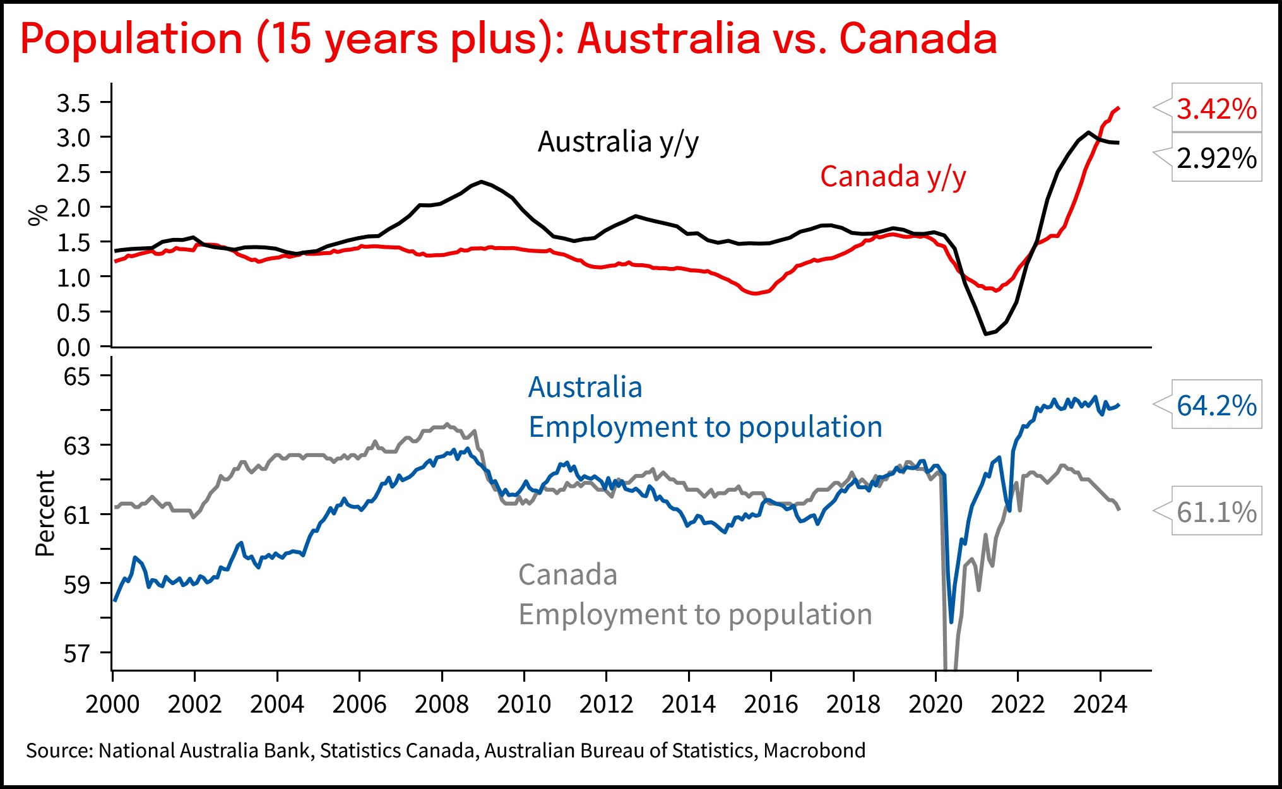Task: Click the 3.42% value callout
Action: pos(1216,109)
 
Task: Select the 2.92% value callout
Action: pos(1216,158)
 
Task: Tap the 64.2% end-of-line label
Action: pos(1216,405)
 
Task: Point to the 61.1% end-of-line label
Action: pos(1216,512)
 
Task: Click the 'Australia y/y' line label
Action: pos(618,142)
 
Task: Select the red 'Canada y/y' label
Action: pos(893,177)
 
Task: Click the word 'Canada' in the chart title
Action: pos(918,39)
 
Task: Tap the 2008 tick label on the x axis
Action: pos(441,704)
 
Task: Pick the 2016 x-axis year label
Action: pos(771,704)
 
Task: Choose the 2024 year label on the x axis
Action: pos(1100,704)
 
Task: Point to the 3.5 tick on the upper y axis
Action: pos(74,103)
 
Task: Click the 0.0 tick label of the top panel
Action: pos(74,347)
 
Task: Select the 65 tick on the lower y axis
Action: pos(77,376)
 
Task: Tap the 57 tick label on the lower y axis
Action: pos(77,653)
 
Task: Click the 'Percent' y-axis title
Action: pos(45,513)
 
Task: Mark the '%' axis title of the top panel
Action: pos(38,215)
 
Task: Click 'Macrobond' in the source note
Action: pos(814,750)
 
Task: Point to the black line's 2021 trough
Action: pos(985,334)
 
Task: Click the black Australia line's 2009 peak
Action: pos(482,182)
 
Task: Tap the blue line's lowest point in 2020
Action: pos(951,622)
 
